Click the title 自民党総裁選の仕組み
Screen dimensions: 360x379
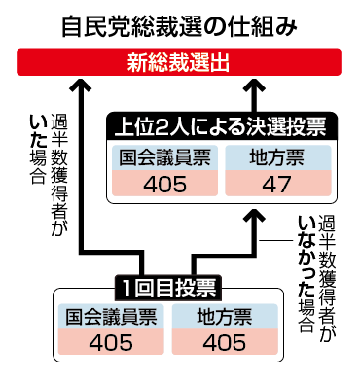tap(179, 26)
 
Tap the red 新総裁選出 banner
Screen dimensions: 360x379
tap(179, 62)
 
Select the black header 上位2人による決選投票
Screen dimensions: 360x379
tap(222, 126)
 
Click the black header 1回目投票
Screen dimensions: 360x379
tap(168, 288)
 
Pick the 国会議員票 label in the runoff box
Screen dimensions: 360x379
tap(164, 157)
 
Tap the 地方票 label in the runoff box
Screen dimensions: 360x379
tap(278, 157)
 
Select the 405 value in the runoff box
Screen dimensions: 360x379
tap(164, 184)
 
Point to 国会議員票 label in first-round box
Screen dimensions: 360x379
tap(111, 317)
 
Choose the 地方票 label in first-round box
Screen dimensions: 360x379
tap(225, 317)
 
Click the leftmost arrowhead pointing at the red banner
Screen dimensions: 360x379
tap(81, 84)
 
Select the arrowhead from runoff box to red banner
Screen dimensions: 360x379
tap(254, 84)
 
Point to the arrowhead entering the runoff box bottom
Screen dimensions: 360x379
tap(254, 215)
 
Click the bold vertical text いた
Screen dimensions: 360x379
tap(38, 132)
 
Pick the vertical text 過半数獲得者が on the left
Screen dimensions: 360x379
tap(59, 175)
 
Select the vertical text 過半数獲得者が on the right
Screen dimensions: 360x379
tap(327, 277)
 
